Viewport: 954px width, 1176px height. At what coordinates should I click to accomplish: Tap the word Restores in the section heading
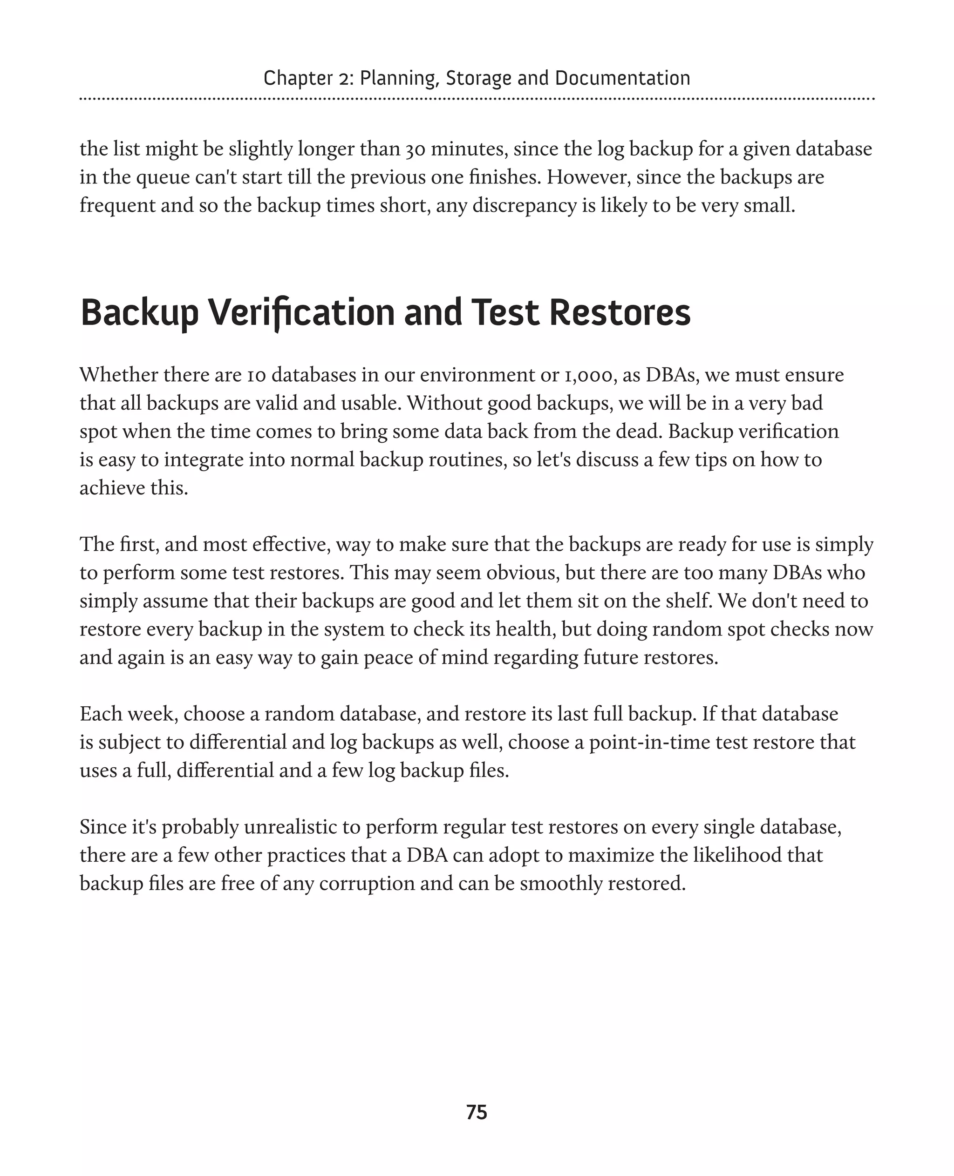(620, 312)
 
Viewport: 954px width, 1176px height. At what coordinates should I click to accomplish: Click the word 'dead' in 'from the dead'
(642, 431)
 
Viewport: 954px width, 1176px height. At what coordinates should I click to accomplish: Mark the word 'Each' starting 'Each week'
(101, 714)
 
